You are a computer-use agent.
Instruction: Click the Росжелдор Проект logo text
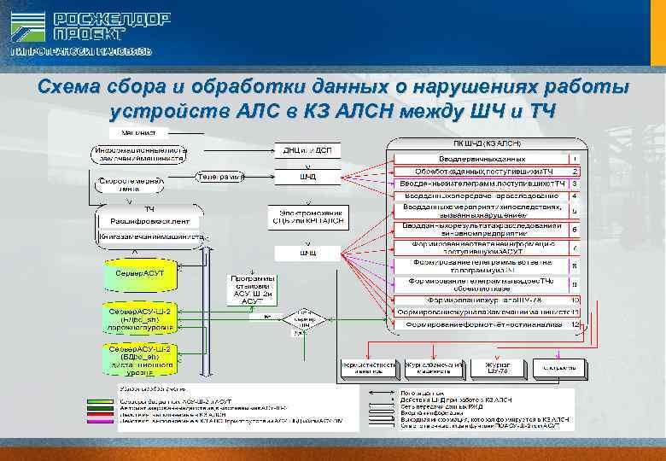click(111, 27)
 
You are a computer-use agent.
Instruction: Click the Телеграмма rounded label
click(219, 177)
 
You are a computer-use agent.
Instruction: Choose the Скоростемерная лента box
click(127, 185)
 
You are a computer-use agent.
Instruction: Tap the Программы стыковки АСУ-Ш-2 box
click(253, 290)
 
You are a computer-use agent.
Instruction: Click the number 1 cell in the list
click(575, 159)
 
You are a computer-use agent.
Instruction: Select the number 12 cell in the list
click(575, 324)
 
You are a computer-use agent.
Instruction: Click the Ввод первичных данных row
click(482, 159)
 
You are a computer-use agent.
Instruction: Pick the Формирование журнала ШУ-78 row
click(482, 301)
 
